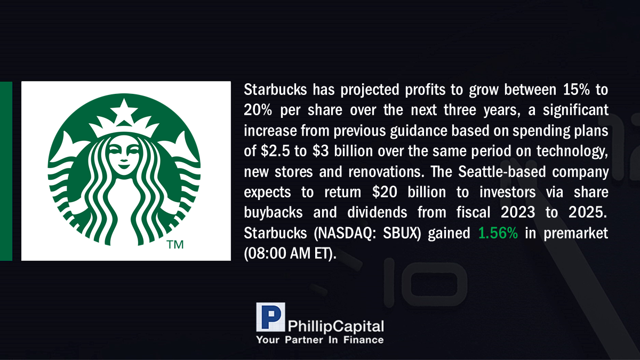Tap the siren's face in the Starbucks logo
pyautogui.click(x=124, y=156)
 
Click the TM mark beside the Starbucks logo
pyautogui.click(x=175, y=245)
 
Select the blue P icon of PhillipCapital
pyautogui.click(x=270, y=317)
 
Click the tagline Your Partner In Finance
pyautogui.click(x=319, y=340)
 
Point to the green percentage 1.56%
pyautogui.click(x=498, y=233)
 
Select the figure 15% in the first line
pyautogui.click(x=577, y=90)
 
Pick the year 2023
pyautogui.click(x=518, y=212)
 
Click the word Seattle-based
pyautogui.click(x=502, y=171)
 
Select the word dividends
pyautogui.click(x=377, y=212)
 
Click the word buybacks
pyautogui.click(x=273, y=212)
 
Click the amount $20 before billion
pyautogui.click(x=385, y=191)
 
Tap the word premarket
pyautogui.click(x=575, y=234)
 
